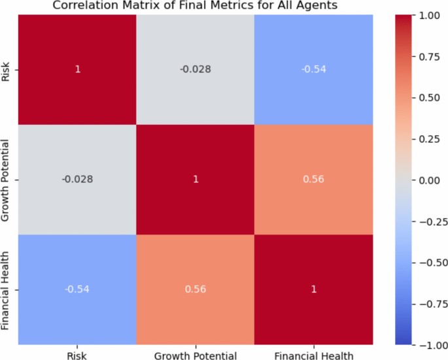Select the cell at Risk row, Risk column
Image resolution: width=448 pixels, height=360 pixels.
(77, 69)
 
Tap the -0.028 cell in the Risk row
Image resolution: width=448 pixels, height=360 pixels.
(196, 69)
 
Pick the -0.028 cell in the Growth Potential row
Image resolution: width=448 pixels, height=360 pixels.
(77, 178)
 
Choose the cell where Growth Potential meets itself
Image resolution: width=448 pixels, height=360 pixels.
(196, 178)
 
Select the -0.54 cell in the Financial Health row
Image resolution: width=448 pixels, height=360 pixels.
(77, 288)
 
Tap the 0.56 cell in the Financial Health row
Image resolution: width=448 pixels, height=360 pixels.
(196, 288)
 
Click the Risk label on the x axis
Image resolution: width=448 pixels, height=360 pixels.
(77, 354)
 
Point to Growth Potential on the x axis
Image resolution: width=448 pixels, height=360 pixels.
(196, 354)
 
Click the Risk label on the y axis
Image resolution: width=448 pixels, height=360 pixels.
(6, 69)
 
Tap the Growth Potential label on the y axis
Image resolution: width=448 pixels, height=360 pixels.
(6, 178)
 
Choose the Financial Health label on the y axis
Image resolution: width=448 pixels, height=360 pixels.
(6, 288)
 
